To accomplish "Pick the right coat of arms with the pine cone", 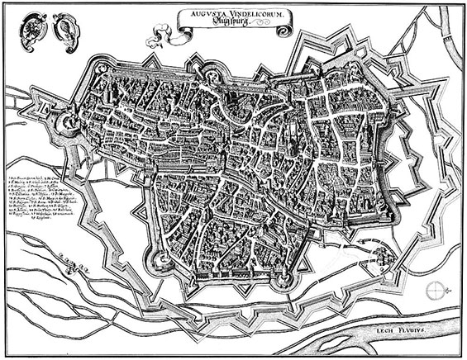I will click(64, 31).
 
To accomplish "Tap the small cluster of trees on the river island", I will click(79, 266).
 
